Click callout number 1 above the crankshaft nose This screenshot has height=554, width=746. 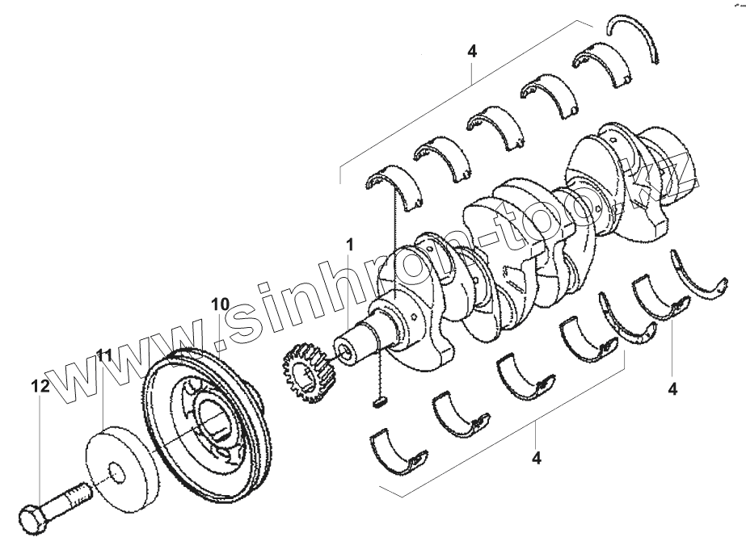[x=350, y=242]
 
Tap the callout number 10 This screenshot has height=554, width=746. [x=219, y=304]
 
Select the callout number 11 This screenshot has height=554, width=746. [x=104, y=355]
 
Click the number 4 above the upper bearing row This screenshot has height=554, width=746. [x=472, y=50]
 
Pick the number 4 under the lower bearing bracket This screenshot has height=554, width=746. [x=536, y=458]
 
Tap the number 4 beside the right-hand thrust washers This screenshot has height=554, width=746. [x=672, y=388]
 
